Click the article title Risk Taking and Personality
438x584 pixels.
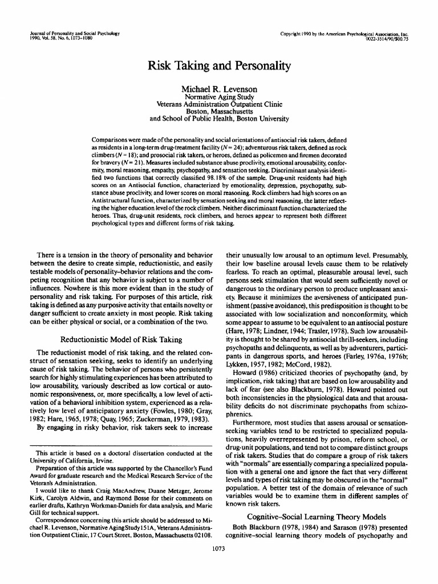[x=219, y=66]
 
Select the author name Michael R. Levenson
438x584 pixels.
[x=219, y=89]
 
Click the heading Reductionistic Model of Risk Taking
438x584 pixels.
[x=121, y=339]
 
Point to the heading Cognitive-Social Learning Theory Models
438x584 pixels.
[x=317, y=516]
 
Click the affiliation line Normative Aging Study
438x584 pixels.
[x=219, y=98]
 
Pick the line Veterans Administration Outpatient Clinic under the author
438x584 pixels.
[x=219, y=105]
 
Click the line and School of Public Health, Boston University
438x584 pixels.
[x=219, y=119]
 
